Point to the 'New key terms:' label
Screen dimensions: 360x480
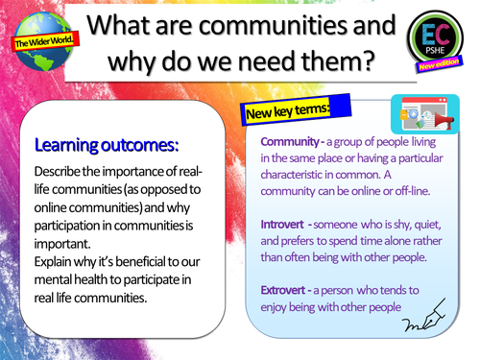click(287, 111)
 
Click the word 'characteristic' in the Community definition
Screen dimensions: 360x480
click(301, 175)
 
